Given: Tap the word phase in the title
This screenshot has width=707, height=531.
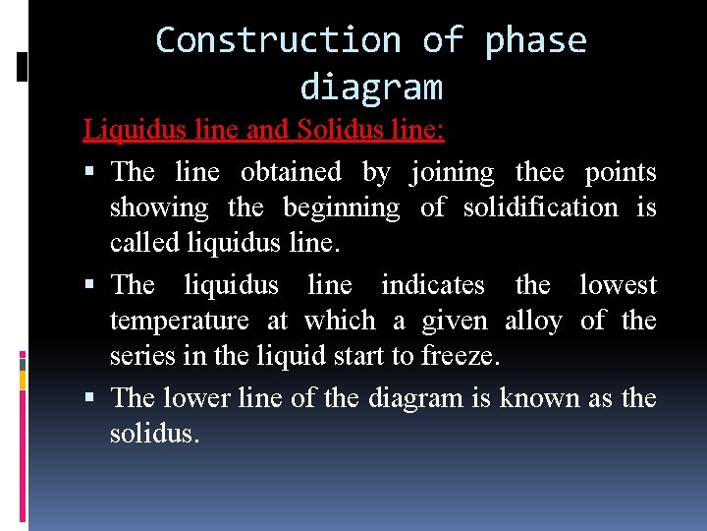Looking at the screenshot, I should click(x=535, y=40).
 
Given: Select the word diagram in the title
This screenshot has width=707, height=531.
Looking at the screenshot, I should click(x=371, y=88).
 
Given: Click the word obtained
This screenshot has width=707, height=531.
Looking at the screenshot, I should click(x=291, y=172).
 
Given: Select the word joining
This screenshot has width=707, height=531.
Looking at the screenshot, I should click(x=452, y=172).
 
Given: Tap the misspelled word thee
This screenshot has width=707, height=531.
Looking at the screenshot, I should click(x=539, y=172).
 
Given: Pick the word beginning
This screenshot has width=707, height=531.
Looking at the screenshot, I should click(x=341, y=207).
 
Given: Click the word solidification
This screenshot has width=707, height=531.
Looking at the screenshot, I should click(x=540, y=207).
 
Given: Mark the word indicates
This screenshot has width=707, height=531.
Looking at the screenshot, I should click(x=432, y=285).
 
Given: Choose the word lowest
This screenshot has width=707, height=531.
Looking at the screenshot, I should click(x=618, y=285).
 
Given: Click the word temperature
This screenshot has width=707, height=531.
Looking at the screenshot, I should click(x=179, y=321).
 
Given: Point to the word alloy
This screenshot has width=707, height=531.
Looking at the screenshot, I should click(x=532, y=321).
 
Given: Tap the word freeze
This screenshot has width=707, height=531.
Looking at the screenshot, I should click(x=461, y=356).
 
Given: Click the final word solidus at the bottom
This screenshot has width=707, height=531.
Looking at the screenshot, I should click(x=154, y=433).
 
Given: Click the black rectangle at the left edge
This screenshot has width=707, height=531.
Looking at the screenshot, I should click(x=23, y=66).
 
